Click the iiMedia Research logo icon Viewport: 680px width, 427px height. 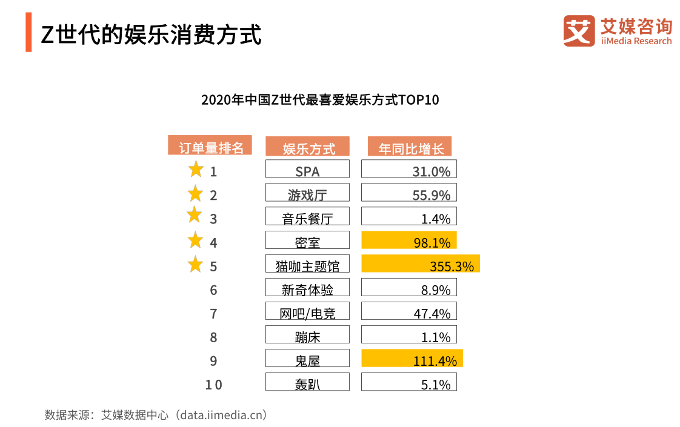(x=579, y=31)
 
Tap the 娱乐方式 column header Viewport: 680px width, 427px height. (x=307, y=147)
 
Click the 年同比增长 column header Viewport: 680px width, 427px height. (x=410, y=147)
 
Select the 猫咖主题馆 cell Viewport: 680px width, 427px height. (x=307, y=264)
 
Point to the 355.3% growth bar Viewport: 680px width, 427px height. (x=421, y=264)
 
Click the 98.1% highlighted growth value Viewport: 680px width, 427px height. (x=409, y=240)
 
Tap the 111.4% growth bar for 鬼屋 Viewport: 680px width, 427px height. (x=412, y=359)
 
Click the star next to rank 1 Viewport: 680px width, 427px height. (x=196, y=170)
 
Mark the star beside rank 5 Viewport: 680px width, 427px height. (x=195, y=265)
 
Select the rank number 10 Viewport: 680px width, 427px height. (x=213, y=385)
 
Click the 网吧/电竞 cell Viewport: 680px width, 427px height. (x=307, y=311)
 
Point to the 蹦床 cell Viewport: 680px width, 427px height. (x=307, y=335)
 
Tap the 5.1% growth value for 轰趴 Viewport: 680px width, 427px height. (x=409, y=382)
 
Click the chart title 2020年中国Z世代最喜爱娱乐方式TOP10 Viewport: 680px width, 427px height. (x=320, y=100)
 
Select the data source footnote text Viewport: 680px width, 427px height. (x=156, y=415)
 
